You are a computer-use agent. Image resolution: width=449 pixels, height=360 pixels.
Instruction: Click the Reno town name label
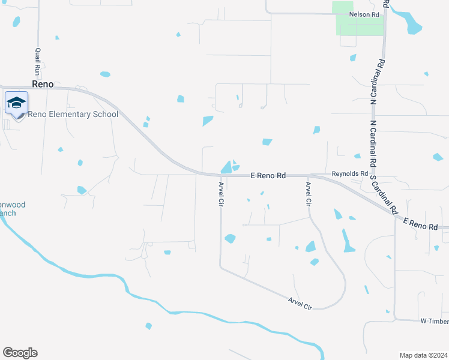43,85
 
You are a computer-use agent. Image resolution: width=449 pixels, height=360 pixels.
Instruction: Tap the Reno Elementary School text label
73,114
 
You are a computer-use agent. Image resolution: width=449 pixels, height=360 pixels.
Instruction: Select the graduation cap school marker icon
17,103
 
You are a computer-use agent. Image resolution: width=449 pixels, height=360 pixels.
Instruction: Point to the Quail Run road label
38,62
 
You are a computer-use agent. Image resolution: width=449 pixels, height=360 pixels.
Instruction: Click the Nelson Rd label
367,14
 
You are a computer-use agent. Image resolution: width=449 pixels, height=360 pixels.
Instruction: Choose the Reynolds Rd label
349,173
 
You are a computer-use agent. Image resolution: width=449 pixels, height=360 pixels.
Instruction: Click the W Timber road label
433,321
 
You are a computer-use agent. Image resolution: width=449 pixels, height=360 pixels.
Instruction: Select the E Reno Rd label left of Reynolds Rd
268,175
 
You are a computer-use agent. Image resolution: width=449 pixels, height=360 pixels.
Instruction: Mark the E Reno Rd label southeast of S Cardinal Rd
420,225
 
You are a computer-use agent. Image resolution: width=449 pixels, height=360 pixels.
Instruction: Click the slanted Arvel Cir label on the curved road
300,304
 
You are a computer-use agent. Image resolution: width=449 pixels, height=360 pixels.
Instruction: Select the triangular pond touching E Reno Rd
226,167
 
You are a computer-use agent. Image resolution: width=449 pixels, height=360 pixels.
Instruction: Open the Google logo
20,352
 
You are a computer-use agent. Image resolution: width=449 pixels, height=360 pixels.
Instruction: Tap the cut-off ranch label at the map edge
8,208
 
